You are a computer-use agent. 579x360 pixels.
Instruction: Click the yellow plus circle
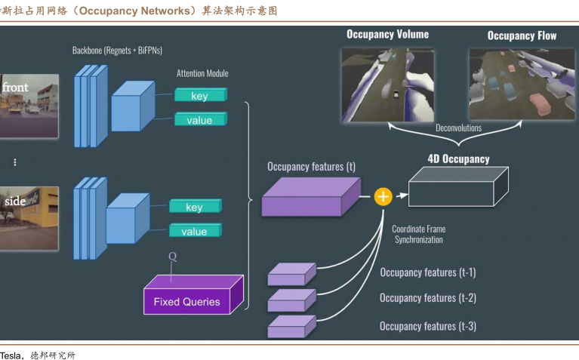(x=383, y=197)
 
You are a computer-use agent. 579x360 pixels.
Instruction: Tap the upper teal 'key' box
(x=199, y=96)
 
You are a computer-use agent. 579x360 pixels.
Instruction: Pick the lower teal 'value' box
(x=194, y=231)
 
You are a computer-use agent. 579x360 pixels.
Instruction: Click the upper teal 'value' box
(x=199, y=120)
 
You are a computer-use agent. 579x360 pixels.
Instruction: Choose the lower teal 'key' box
(x=194, y=207)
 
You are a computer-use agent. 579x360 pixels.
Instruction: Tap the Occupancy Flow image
(x=521, y=85)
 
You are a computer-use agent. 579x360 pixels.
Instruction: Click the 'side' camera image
(x=29, y=218)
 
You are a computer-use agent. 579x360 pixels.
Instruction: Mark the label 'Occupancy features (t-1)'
(x=427, y=272)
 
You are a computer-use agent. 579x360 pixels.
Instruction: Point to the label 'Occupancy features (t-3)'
(x=427, y=326)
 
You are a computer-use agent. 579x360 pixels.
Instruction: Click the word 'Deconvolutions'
(x=458, y=128)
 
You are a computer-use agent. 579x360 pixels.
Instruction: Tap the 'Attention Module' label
(x=202, y=73)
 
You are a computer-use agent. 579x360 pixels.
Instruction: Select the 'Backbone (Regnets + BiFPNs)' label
(x=117, y=51)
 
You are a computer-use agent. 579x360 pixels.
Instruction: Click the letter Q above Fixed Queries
(x=172, y=257)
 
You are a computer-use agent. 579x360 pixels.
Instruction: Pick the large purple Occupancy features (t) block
(x=310, y=198)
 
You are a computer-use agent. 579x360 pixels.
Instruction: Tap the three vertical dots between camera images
(x=14, y=162)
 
